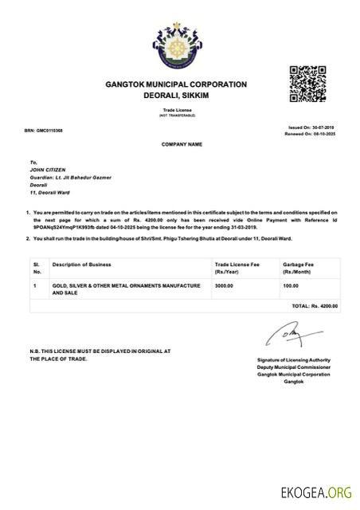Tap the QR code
pyautogui.click(x=307, y=83)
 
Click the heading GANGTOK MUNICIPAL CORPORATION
pyautogui.click(x=177, y=84)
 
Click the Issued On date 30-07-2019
pyautogui.click(x=312, y=127)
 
